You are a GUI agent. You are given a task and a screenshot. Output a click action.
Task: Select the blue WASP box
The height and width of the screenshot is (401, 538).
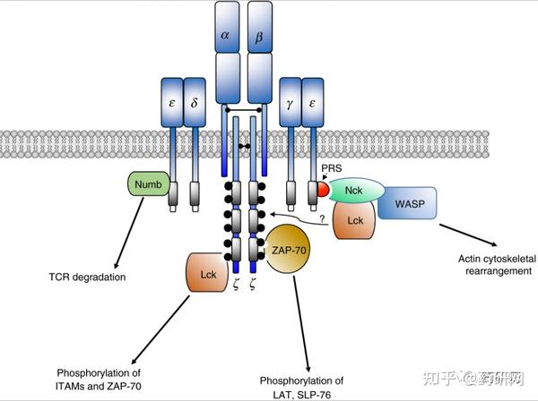[x=407, y=205]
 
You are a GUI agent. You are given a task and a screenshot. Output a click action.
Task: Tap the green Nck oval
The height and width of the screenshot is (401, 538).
[x=357, y=190]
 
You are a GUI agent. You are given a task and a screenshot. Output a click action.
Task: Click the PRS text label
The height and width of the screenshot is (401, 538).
[x=332, y=166]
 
